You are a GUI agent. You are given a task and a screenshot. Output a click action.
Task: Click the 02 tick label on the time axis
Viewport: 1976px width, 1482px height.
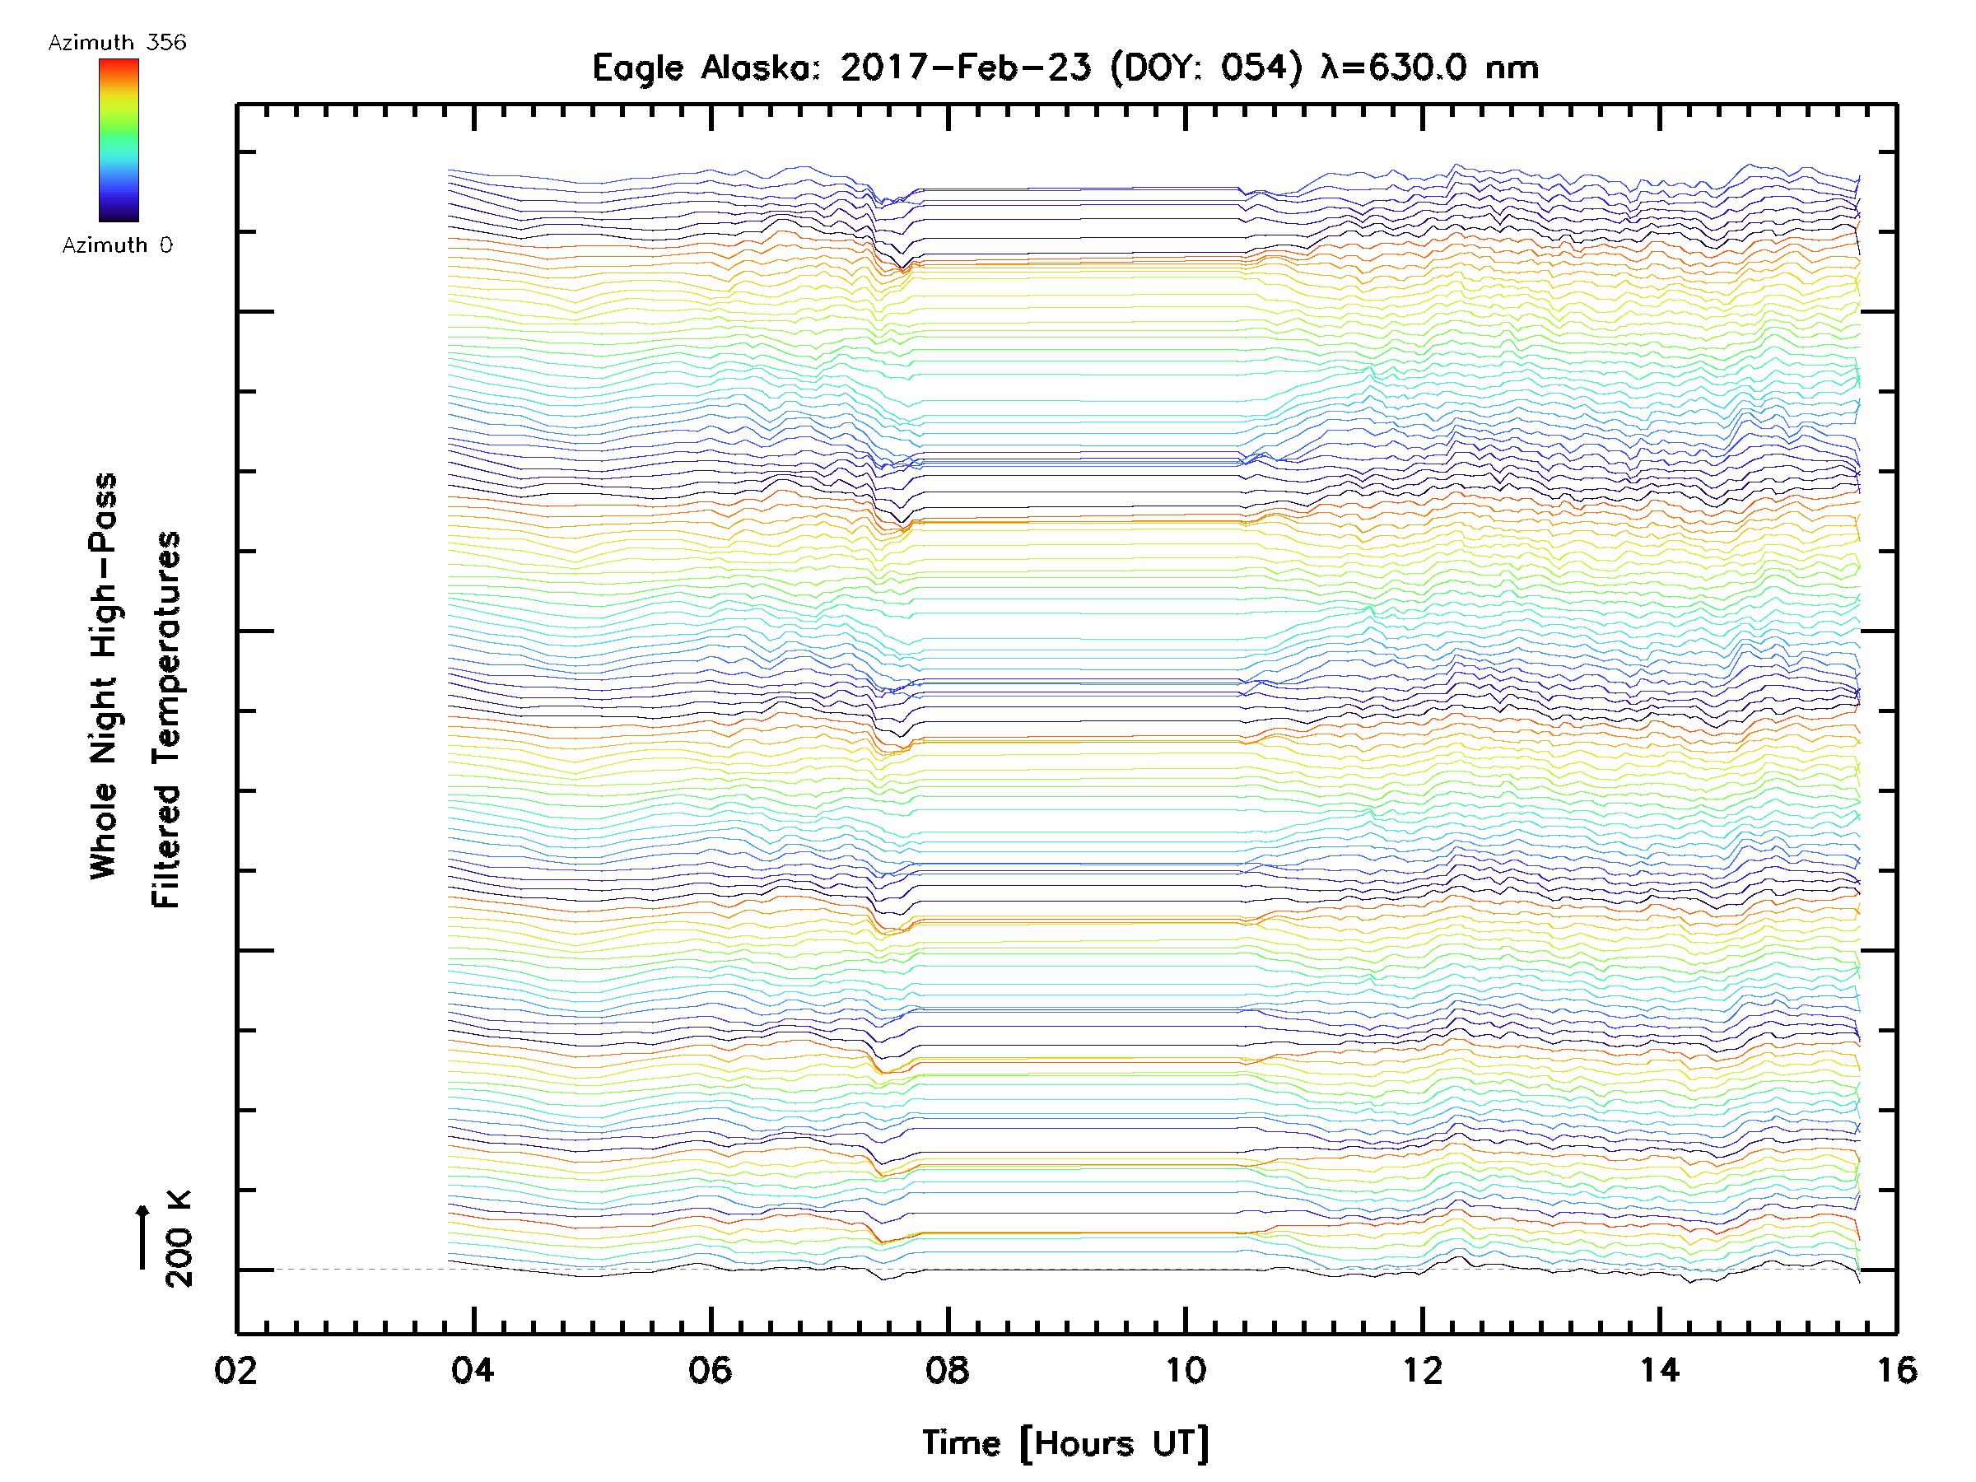pyautogui.click(x=235, y=1369)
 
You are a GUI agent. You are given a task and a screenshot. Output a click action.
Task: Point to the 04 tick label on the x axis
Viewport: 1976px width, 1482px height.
pyautogui.click(x=473, y=1369)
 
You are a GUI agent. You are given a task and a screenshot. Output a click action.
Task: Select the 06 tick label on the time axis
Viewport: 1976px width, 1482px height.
pyautogui.click(x=711, y=1369)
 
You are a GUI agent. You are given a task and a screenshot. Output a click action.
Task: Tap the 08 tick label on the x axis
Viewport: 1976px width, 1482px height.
pyautogui.click(x=948, y=1369)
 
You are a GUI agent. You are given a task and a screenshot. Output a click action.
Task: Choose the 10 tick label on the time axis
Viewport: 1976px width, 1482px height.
pyautogui.click(x=1186, y=1369)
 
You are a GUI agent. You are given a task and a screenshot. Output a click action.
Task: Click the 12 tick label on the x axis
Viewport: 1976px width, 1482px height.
pyautogui.click(x=1422, y=1369)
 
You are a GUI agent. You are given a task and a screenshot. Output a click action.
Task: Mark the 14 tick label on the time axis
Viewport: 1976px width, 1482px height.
pyautogui.click(x=1660, y=1369)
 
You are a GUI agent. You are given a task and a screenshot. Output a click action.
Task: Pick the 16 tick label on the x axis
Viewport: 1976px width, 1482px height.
pyautogui.click(x=1896, y=1369)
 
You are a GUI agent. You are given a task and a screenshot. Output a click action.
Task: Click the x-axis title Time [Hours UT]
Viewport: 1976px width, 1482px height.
pyautogui.click(x=1065, y=1443)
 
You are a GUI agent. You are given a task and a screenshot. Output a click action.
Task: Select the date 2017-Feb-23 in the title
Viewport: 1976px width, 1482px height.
pyautogui.click(x=965, y=67)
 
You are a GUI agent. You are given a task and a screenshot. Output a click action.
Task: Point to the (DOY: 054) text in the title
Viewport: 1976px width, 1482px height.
pyautogui.click(x=1207, y=68)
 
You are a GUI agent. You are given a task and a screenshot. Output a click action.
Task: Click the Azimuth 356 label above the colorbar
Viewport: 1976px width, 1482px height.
pyautogui.click(x=117, y=43)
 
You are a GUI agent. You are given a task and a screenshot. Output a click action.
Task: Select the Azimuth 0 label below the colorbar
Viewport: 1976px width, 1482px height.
pyautogui.click(x=117, y=245)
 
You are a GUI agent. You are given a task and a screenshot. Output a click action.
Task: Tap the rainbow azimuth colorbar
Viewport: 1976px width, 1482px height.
pyautogui.click(x=119, y=140)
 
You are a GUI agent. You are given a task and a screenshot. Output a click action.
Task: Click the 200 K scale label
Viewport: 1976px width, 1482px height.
pyautogui.click(x=179, y=1238)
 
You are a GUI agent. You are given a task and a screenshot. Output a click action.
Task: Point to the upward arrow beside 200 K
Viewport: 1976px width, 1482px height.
pyautogui.click(x=142, y=1237)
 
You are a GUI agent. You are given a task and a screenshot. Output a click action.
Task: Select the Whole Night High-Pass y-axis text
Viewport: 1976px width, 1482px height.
pyautogui.click(x=104, y=676)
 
